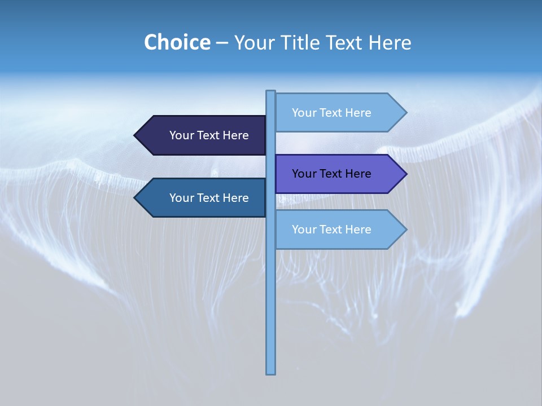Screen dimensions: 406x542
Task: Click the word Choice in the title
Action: coord(177,42)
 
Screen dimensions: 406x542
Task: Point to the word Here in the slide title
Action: coord(390,42)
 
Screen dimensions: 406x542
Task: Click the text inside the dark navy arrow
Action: coord(209,135)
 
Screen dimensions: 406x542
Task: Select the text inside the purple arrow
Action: coord(331,174)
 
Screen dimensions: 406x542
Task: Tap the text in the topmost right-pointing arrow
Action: coord(331,113)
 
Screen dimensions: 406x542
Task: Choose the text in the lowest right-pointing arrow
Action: coord(331,230)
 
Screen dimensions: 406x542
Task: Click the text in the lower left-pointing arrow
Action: coord(209,198)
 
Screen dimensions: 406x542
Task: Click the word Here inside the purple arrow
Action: coord(357,174)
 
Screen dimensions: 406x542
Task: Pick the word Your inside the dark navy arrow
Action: coord(181,135)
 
